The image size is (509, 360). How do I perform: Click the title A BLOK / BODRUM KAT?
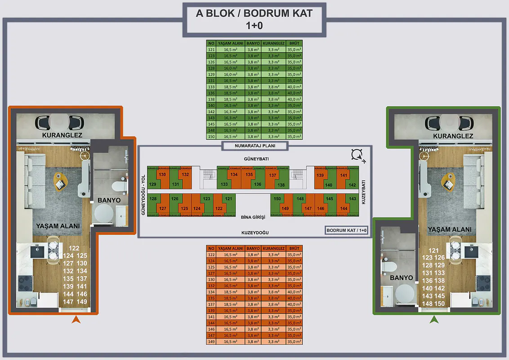(x=254, y=13)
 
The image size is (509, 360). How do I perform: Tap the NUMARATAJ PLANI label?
(x=254, y=146)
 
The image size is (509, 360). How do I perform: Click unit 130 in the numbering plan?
(x=162, y=175)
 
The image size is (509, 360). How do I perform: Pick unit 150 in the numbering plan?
(x=277, y=199)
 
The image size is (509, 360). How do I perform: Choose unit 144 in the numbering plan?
(x=344, y=208)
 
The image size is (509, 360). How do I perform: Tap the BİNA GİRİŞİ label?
(x=253, y=217)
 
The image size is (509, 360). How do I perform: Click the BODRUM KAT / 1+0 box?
(x=347, y=230)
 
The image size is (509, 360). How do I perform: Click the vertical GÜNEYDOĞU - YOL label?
(x=143, y=195)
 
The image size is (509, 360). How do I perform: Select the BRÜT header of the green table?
(x=294, y=43)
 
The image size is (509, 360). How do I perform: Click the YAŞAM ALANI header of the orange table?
(x=230, y=248)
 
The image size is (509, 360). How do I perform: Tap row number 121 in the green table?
(x=211, y=49)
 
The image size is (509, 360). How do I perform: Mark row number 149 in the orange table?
(x=211, y=342)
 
